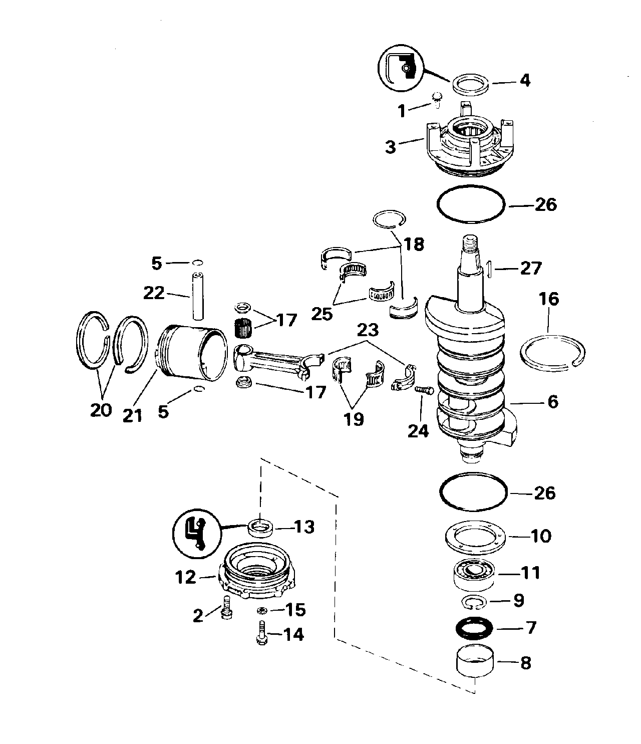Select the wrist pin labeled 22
pos(197,296)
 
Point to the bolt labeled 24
pos(425,390)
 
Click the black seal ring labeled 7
pos(473,628)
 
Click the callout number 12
pos(186,578)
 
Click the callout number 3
pos(390,147)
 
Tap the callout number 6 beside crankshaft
pos(552,402)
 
